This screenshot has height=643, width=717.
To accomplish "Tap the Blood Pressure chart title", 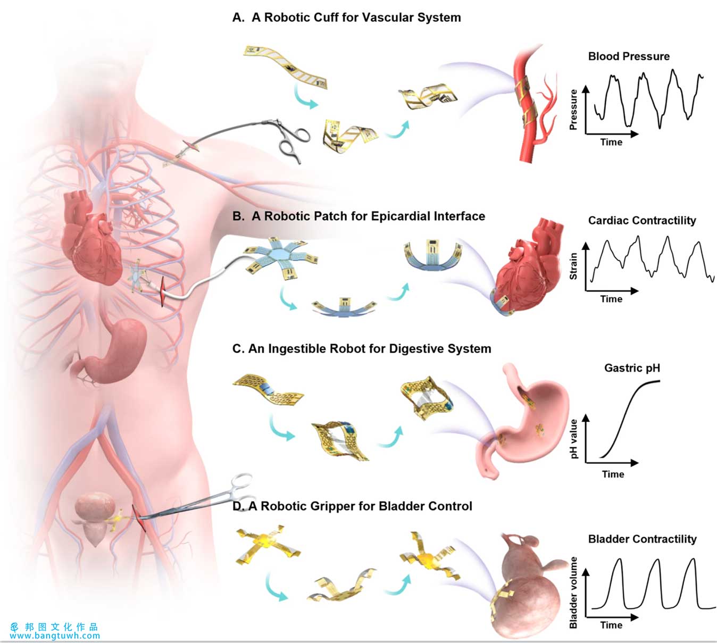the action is click(629, 56).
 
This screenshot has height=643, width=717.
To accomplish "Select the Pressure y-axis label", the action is click(573, 110).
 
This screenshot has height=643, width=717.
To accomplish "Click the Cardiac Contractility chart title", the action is click(642, 221).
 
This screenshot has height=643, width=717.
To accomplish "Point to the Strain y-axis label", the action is click(573, 266).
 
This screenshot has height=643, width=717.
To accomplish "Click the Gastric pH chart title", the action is click(632, 368).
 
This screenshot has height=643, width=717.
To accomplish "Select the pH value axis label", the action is click(573, 438).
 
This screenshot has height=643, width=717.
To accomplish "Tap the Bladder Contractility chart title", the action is click(643, 539).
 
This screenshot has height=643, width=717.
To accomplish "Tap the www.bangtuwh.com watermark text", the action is click(55, 636).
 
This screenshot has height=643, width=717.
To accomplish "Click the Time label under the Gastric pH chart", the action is click(613, 474).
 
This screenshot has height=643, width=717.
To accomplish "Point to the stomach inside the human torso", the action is click(113, 350).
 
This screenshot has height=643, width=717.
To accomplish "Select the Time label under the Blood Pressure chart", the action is click(611, 142).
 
